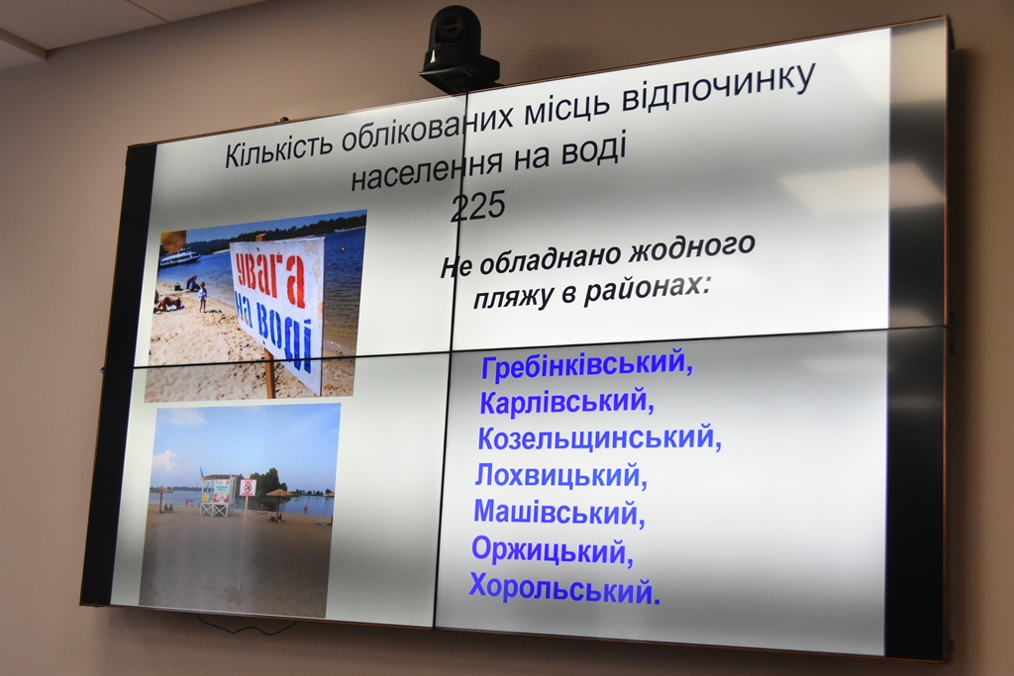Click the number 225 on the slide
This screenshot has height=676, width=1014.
click(x=478, y=206)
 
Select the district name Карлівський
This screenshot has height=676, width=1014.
click(x=566, y=402)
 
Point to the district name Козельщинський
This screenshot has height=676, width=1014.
click(x=599, y=438)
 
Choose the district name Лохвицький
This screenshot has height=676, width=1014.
click(x=560, y=476)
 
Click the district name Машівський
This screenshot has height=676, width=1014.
click(x=558, y=513)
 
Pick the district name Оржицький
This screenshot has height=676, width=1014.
click(x=552, y=550)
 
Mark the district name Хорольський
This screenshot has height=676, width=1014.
click(x=564, y=588)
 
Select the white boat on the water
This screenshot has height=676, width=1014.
click(x=180, y=257)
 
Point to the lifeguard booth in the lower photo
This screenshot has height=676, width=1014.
click(x=218, y=496)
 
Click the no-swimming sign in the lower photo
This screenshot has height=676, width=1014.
click(x=247, y=488)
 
